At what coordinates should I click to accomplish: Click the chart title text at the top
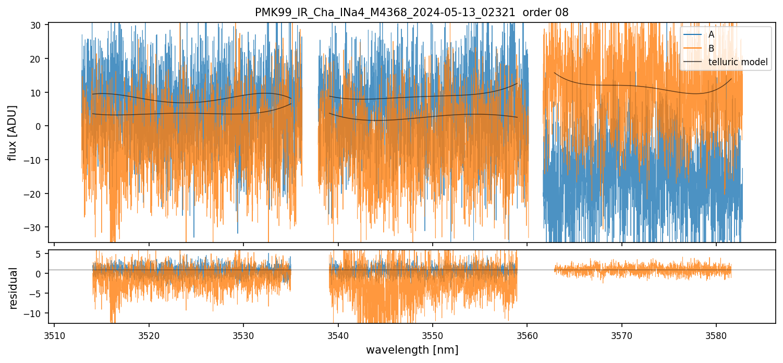point(412,13)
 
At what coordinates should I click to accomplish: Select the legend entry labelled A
point(712,34)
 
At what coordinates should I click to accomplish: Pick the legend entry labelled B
point(712,49)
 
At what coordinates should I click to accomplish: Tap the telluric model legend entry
point(738,62)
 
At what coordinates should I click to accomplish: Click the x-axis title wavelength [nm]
point(412,349)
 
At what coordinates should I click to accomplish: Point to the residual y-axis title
point(14,288)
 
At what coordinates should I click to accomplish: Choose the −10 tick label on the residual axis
point(36,313)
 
